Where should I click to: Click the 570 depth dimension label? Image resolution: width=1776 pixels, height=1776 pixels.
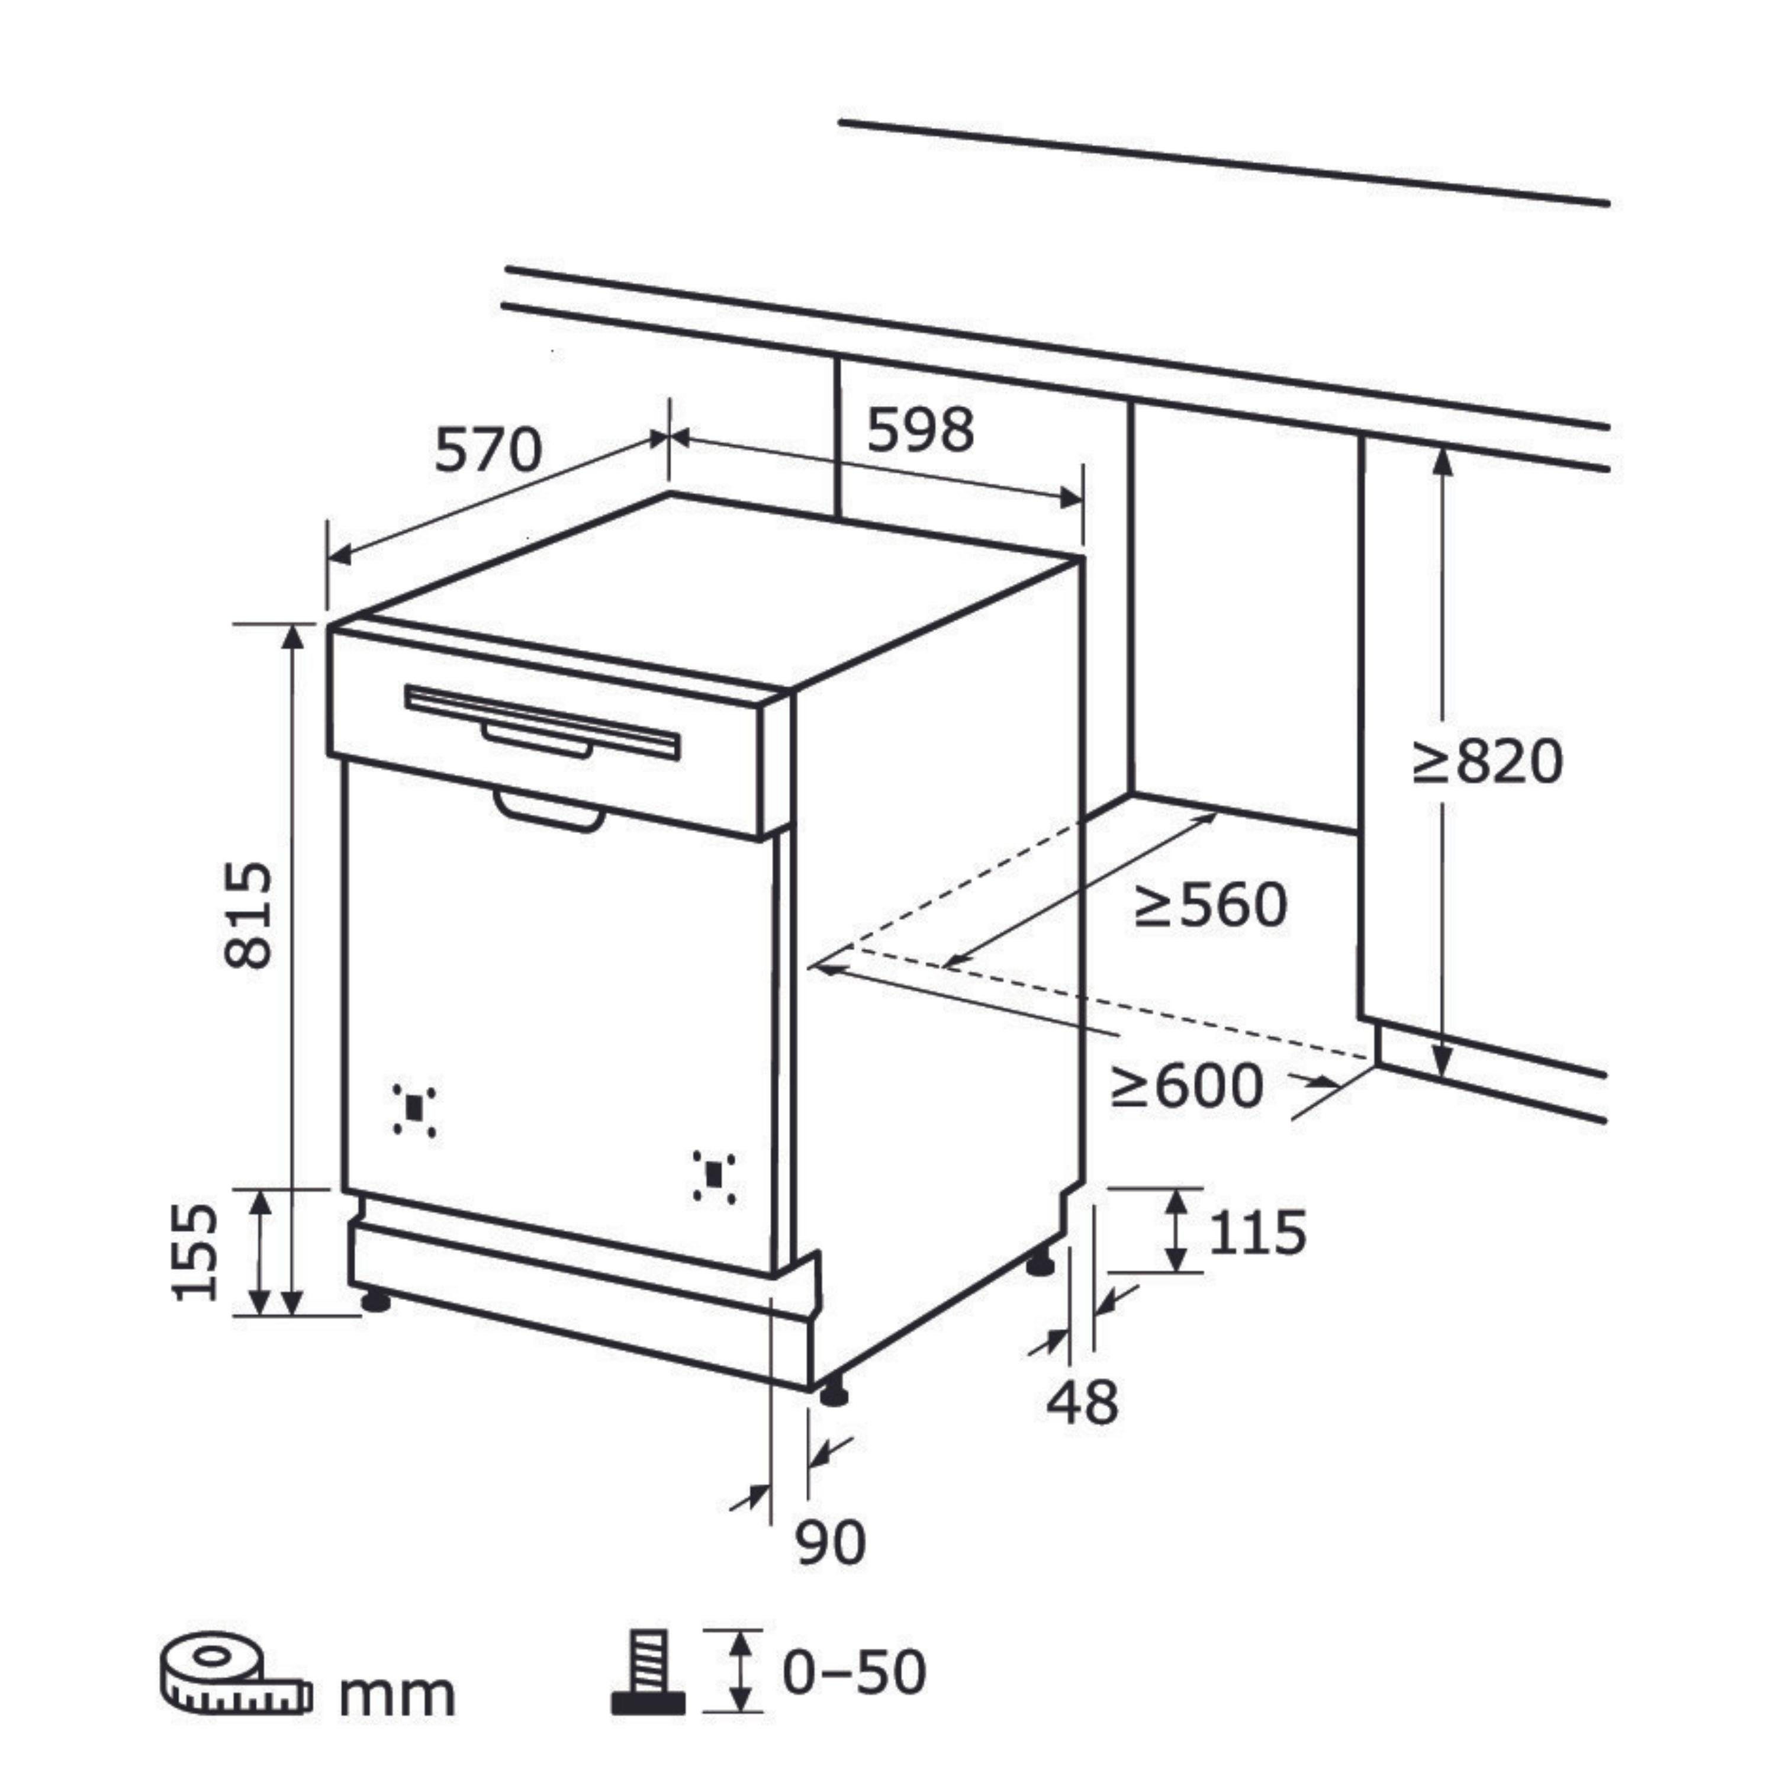click(x=488, y=451)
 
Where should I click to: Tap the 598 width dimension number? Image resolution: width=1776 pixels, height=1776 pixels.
click(x=920, y=430)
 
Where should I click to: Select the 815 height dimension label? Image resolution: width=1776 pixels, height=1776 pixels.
click(x=248, y=915)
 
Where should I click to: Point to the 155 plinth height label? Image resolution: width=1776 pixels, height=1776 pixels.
click(x=195, y=1252)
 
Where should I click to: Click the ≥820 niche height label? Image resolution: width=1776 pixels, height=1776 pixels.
click(x=1487, y=762)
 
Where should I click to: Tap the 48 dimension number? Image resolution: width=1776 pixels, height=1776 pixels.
click(x=1083, y=1402)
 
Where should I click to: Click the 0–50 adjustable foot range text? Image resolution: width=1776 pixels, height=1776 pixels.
click(x=854, y=1672)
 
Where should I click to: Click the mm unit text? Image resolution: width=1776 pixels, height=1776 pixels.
click(x=397, y=1696)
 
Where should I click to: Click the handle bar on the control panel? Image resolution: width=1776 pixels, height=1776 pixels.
click(x=542, y=722)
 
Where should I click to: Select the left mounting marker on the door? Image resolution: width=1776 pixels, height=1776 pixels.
click(x=414, y=1109)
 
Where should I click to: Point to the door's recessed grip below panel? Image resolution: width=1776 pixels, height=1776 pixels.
click(x=549, y=812)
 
